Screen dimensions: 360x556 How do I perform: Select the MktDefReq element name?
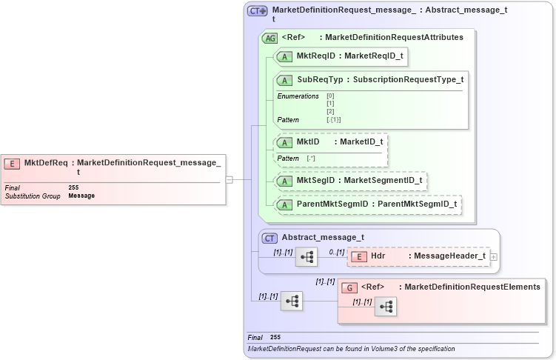click(46, 163)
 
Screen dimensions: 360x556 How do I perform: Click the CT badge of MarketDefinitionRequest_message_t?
click(257, 11)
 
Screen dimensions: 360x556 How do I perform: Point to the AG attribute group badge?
click(270, 38)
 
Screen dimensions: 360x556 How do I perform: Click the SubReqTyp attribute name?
click(320, 79)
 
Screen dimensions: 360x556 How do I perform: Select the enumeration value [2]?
click(330, 111)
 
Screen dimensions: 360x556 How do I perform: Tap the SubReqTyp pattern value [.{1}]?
click(333, 119)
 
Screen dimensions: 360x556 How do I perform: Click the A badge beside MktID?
click(283, 141)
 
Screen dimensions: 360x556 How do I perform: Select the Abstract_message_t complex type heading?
click(323, 238)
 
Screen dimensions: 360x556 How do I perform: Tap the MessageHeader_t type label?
click(449, 256)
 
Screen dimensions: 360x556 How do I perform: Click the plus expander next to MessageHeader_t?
click(494, 257)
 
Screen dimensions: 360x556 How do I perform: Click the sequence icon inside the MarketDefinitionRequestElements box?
click(385, 307)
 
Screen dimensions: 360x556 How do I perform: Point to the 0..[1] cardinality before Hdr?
click(337, 252)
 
